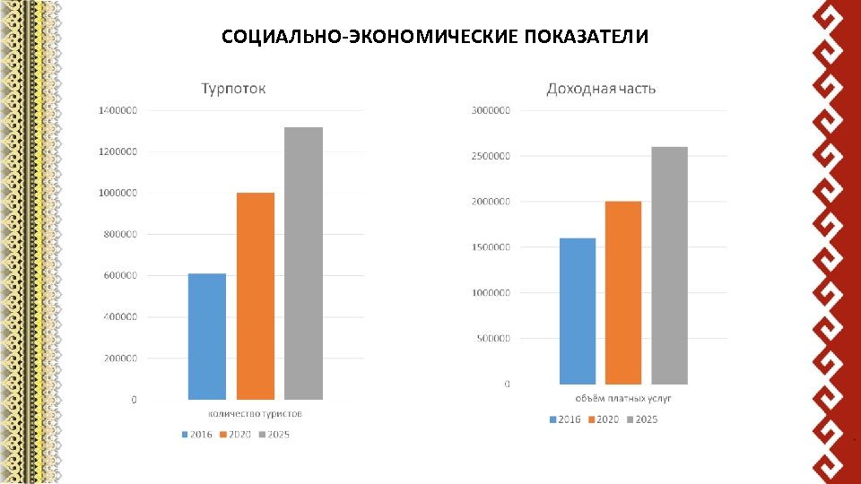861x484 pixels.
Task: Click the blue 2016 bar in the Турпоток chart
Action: [x=207, y=336]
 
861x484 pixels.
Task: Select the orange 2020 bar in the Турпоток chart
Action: [x=256, y=296]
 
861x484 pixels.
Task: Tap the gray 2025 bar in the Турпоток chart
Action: [x=303, y=264]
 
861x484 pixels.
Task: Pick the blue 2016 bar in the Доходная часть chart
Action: [x=578, y=311]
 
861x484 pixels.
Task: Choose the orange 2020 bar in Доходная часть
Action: [x=623, y=293]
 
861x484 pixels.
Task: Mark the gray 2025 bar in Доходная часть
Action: [x=669, y=265]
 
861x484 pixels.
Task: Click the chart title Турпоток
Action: [x=233, y=89]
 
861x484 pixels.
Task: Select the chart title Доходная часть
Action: [x=601, y=89]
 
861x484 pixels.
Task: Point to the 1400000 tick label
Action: [x=117, y=110]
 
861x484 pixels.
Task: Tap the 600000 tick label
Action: [x=120, y=275]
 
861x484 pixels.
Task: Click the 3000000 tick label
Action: [x=491, y=110]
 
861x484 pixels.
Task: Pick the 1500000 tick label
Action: [x=491, y=247]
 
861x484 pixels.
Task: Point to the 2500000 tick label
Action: [x=491, y=156]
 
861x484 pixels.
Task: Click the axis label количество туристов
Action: [x=256, y=413]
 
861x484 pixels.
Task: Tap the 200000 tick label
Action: [x=120, y=358]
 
